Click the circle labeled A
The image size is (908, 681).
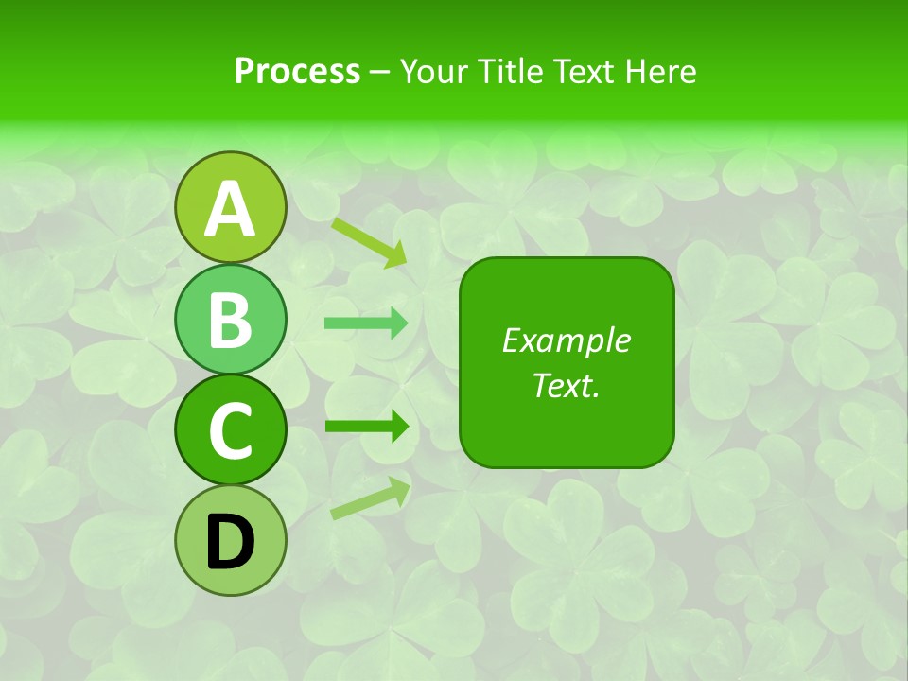pos(230,207)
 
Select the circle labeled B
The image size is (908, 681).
pos(230,319)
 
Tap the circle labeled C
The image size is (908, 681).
pos(230,429)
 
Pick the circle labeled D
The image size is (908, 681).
pos(230,540)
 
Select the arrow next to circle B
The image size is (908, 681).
pos(366,323)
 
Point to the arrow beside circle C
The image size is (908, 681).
pos(366,427)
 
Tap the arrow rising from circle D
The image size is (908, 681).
pos(370,498)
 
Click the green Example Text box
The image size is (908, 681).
pos(567,362)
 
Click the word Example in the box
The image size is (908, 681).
pos(567,340)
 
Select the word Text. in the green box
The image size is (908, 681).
pos(567,386)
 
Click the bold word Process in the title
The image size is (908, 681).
pos(297,71)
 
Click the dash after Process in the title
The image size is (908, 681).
pos(380,72)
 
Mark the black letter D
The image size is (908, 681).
pos(230,542)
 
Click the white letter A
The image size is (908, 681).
pos(230,209)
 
